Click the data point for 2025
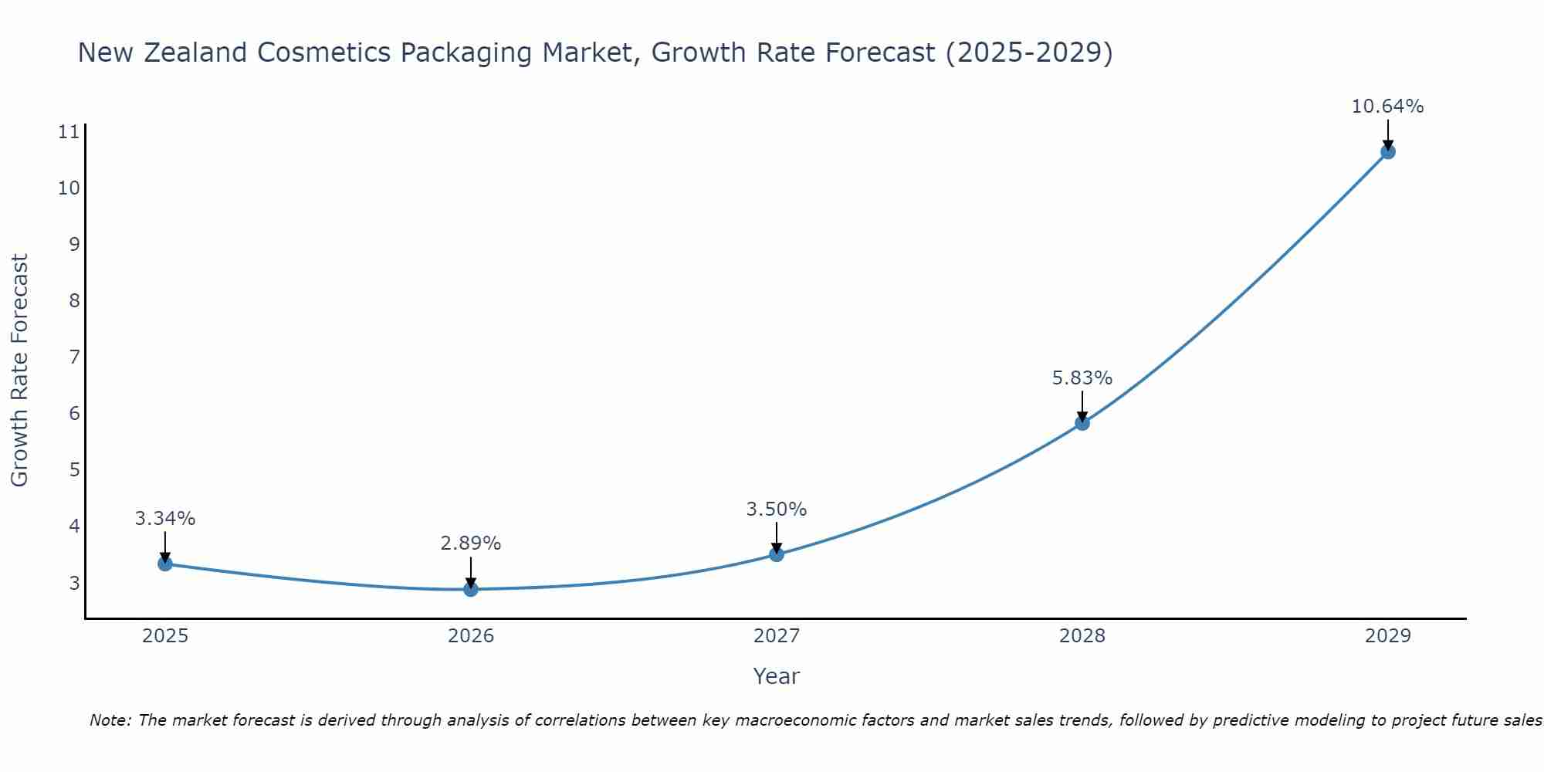[x=164, y=564]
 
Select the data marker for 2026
[x=470, y=589]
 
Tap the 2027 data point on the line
[x=776, y=554]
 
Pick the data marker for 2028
[x=1082, y=423]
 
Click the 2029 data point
[x=1387, y=152]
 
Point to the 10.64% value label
[x=1387, y=107]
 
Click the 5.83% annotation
[x=1082, y=378]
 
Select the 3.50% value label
[x=776, y=510]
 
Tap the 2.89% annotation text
[x=470, y=543]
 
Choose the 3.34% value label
[x=164, y=519]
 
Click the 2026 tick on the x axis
[x=470, y=636]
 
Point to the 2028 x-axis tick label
[x=1082, y=636]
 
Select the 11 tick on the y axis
[x=69, y=132]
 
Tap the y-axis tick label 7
[x=74, y=357]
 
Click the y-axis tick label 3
[x=74, y=583]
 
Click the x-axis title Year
[x=776, y=676]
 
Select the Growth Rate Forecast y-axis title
[x=19, y=371]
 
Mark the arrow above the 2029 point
[x=1387, y=134]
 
